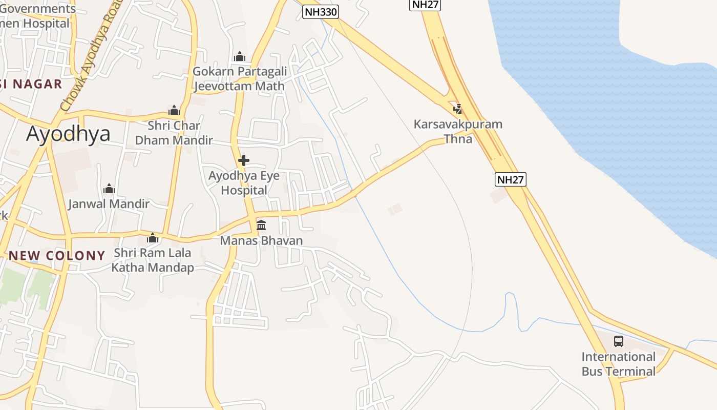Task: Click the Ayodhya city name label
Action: point(68,134)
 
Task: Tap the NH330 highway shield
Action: point(321,12)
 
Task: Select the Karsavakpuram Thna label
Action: point(458,131)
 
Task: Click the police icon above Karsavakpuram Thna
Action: point(458,109)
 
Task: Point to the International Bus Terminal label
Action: point(618,364)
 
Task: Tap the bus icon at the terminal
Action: point(619,341)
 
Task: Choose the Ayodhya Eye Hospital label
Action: point(244,183)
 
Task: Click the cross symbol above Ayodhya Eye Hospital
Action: point(244,160)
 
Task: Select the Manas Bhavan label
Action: point(261,240)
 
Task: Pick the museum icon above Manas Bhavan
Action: point(261,225)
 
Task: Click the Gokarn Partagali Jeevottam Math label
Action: point(239,78)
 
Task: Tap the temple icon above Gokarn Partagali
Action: point(239,56)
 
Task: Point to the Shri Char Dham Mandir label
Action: point(174,133)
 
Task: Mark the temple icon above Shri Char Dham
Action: point(174,110)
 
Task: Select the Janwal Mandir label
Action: point(109,203)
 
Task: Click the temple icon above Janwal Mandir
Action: point(109,189)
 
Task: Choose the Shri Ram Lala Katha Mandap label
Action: point(153,260)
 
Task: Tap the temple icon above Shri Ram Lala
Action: point(153,238)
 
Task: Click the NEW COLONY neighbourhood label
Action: point(57,255)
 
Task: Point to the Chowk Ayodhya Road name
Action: point(92,56)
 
